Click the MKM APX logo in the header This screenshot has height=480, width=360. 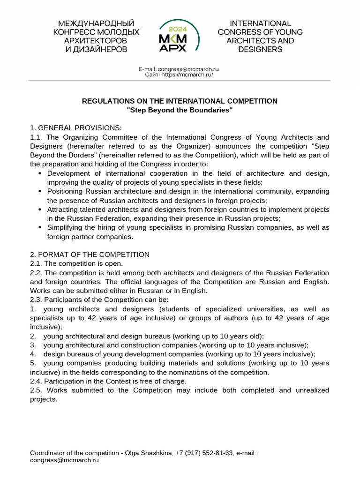(180, 37)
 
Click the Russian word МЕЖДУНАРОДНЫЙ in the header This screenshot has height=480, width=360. (96, 23)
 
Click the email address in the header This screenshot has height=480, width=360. (188, 69)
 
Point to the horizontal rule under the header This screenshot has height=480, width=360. (180, 81)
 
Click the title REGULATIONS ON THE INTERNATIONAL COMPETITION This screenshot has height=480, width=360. (180, 101)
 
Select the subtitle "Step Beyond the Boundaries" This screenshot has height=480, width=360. (180, 110)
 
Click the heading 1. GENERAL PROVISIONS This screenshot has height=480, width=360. (76, 128)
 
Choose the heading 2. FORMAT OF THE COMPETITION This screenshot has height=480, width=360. (90, 255)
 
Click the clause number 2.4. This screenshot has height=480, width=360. (36, 381)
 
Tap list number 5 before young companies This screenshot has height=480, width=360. (32, 363)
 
